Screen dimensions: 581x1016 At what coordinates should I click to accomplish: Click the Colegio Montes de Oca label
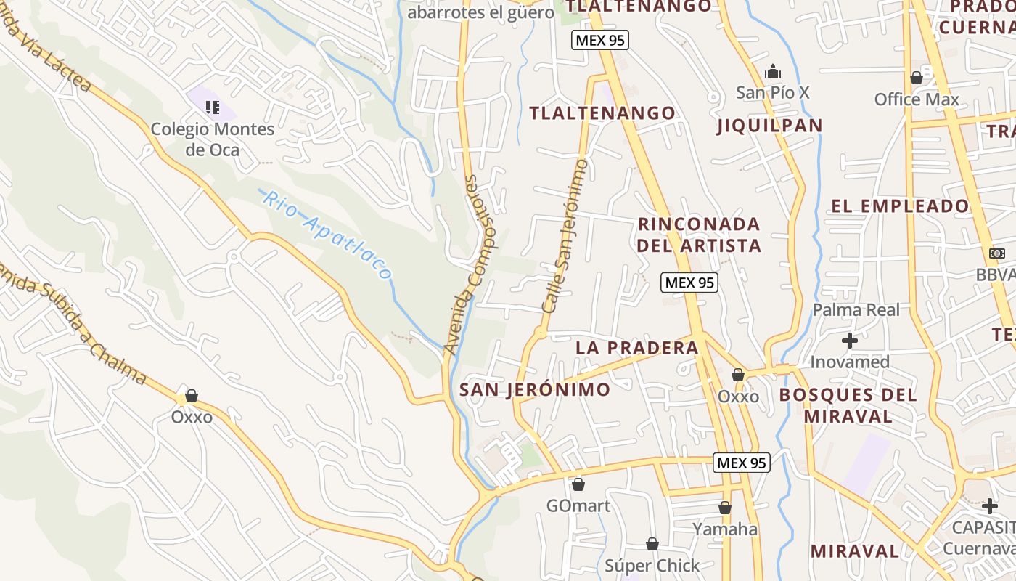(x=212, y=139)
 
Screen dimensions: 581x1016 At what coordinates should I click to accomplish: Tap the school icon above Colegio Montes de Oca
(x=212, y=107)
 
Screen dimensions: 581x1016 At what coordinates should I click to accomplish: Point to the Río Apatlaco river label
(x=327, y=235)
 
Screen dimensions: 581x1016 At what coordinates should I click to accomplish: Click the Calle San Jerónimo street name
(x=565, y=237)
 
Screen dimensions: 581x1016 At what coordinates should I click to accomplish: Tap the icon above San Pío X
(x=773, y=72)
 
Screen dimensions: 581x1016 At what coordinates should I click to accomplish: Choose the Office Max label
(x=917, y=99)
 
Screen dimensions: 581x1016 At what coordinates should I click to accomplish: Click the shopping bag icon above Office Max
(x=917, y=77)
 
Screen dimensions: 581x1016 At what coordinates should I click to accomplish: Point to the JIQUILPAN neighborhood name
(x=769, y=126)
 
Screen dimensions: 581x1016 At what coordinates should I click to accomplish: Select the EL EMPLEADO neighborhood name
(x=900, y=206)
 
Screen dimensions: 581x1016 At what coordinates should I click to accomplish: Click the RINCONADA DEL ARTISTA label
(x=700, y=234)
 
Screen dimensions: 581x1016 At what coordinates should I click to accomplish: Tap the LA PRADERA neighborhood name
(x=636, y=348)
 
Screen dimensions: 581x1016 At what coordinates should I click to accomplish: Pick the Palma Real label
(x=856, y=310)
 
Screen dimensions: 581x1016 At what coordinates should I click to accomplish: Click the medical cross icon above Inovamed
(x=850, y=340)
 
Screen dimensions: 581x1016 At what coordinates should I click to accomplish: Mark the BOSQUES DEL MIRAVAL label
(x=848, y=405)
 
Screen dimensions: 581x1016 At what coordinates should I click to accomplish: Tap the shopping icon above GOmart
(x=578, y=484)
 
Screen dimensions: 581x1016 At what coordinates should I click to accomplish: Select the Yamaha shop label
(x=725, y=529)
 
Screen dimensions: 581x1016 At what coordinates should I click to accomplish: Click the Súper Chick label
(x=652, y=565)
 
